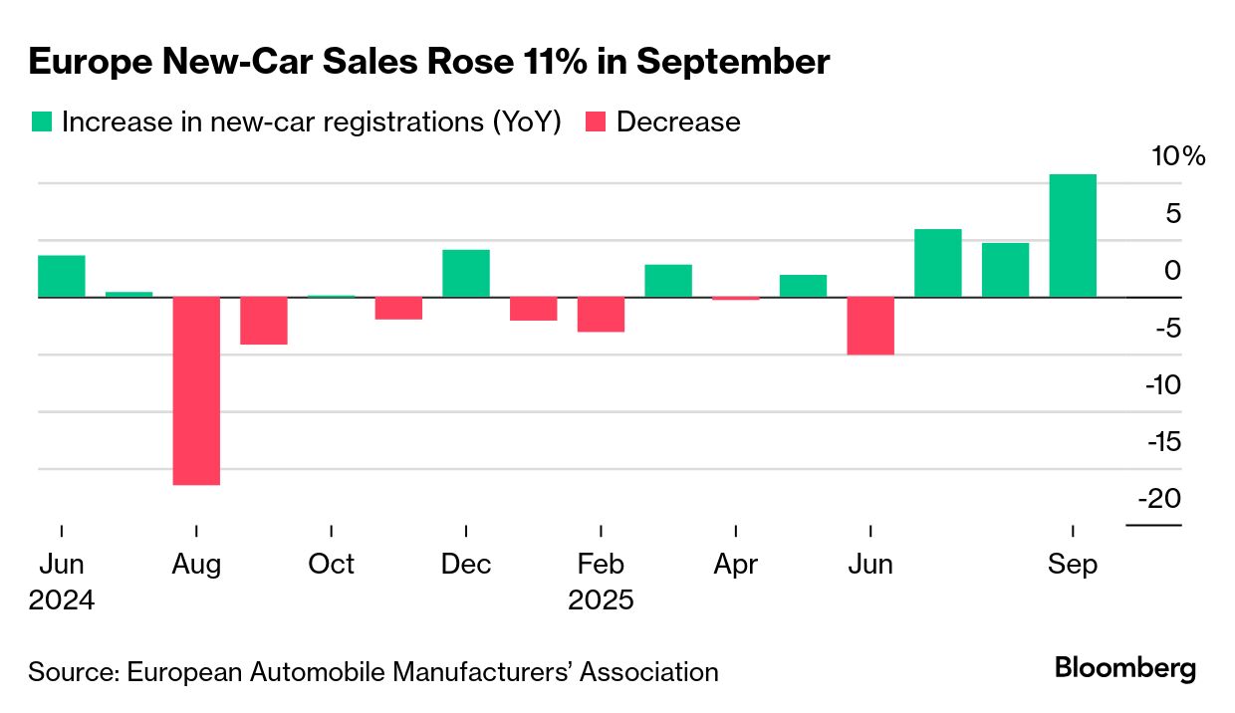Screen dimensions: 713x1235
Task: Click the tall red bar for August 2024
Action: pyautogui.click(x=196, y=390)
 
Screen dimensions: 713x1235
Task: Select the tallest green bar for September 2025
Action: pyautogui.click(x=1073, y=236)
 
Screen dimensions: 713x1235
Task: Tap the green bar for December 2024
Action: pyautogui.click(x=466, y=273)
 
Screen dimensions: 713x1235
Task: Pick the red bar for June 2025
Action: pyautogui.click(x=870, y=326)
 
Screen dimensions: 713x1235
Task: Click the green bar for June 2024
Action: pyautogui.click(x=62, y=276)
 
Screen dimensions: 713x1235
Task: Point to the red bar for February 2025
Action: pyautogui.click(x=601, y=314)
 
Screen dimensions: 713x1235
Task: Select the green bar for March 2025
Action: pyautogui.click(x=668, y=281)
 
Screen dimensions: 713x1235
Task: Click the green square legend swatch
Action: pyautogui.click(x=41, y=121)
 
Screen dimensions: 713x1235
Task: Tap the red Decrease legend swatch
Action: pyautogui.click(x=595, y=121)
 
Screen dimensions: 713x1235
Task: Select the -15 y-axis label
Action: pyautogui.click(x=1160, y=441)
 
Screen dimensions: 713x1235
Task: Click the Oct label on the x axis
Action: pyautogui.click(x=331, y=565)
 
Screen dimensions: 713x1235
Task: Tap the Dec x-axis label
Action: pyautogui.click(x=466, y=565)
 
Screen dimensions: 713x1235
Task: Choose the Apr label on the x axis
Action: pyautogui.click(x=735, y=565)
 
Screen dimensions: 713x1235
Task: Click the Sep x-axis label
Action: pyautogui.click(x=1073, y=565)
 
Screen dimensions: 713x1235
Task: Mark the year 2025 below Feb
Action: pyautogui.click(x=601, y=601)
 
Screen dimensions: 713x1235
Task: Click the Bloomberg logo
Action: pyautogui.click(x=1125, y=668)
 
